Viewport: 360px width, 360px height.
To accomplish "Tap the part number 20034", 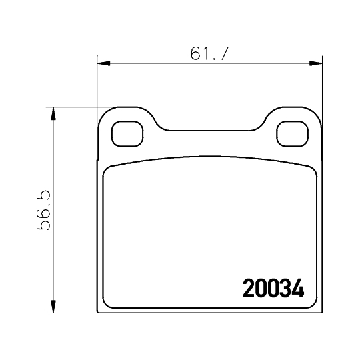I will point(273,288).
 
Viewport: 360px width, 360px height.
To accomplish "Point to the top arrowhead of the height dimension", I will point(53,112).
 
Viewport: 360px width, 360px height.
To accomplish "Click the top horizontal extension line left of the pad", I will point(73,107).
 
